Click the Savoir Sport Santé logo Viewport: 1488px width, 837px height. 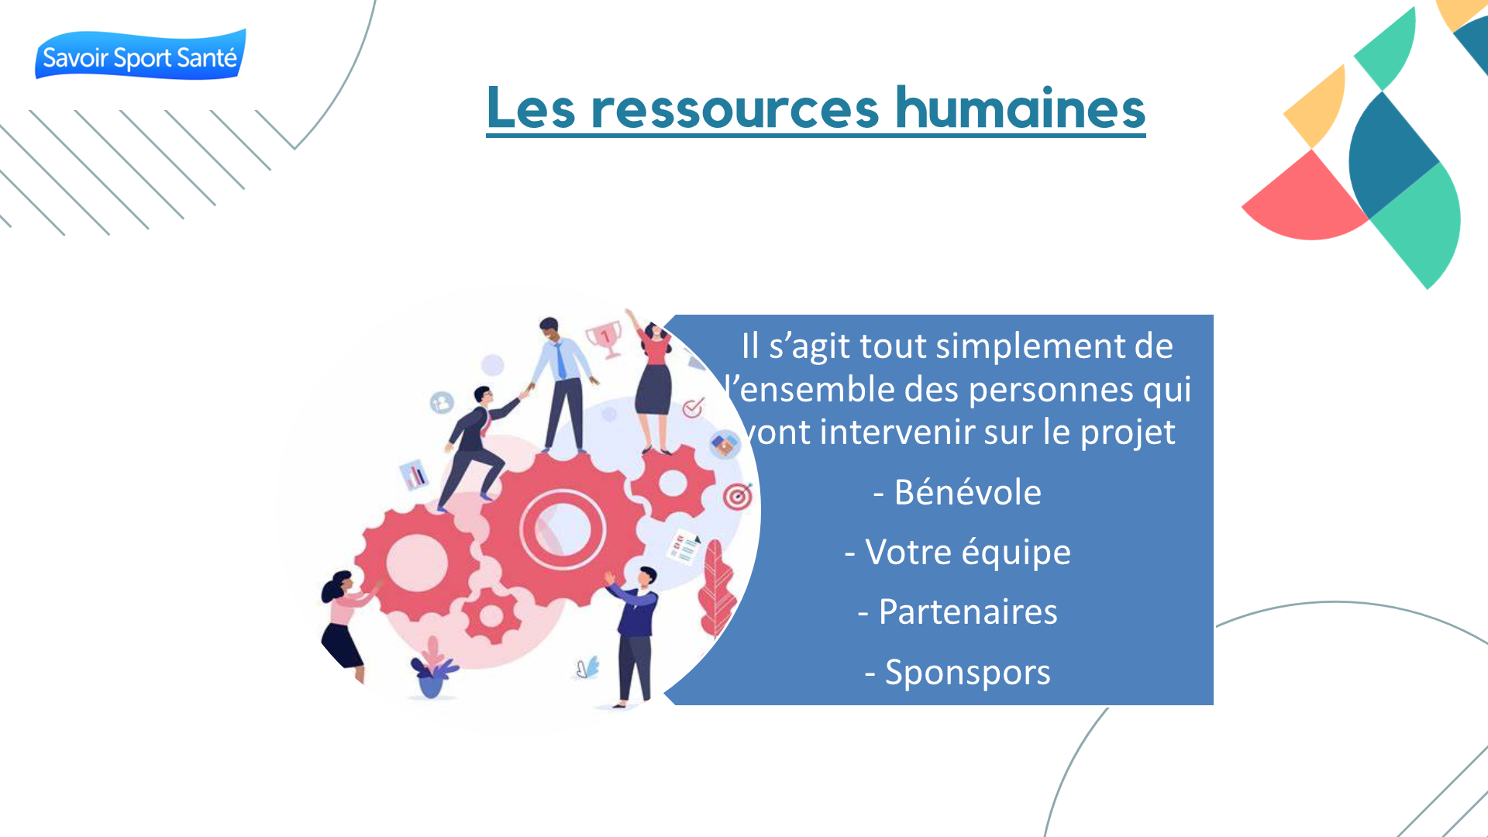click(x=140, y=55)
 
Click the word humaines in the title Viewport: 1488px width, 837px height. click(x=1021, y=108)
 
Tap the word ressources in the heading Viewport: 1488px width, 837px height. click(x=735, y=109)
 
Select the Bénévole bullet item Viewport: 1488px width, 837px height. click(x=958, y=492)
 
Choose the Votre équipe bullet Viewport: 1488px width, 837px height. click(x=958, y=553)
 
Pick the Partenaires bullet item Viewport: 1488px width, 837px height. click(x=958, y=612)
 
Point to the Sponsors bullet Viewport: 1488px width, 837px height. click(x=958, y=673)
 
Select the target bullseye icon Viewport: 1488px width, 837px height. click(x=738, y=496)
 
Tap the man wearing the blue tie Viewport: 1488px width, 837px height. click(x=563, y=384)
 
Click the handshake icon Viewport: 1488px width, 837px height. click(x=725, y=445)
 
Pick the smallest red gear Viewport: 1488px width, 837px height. click(x=491, y=616)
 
